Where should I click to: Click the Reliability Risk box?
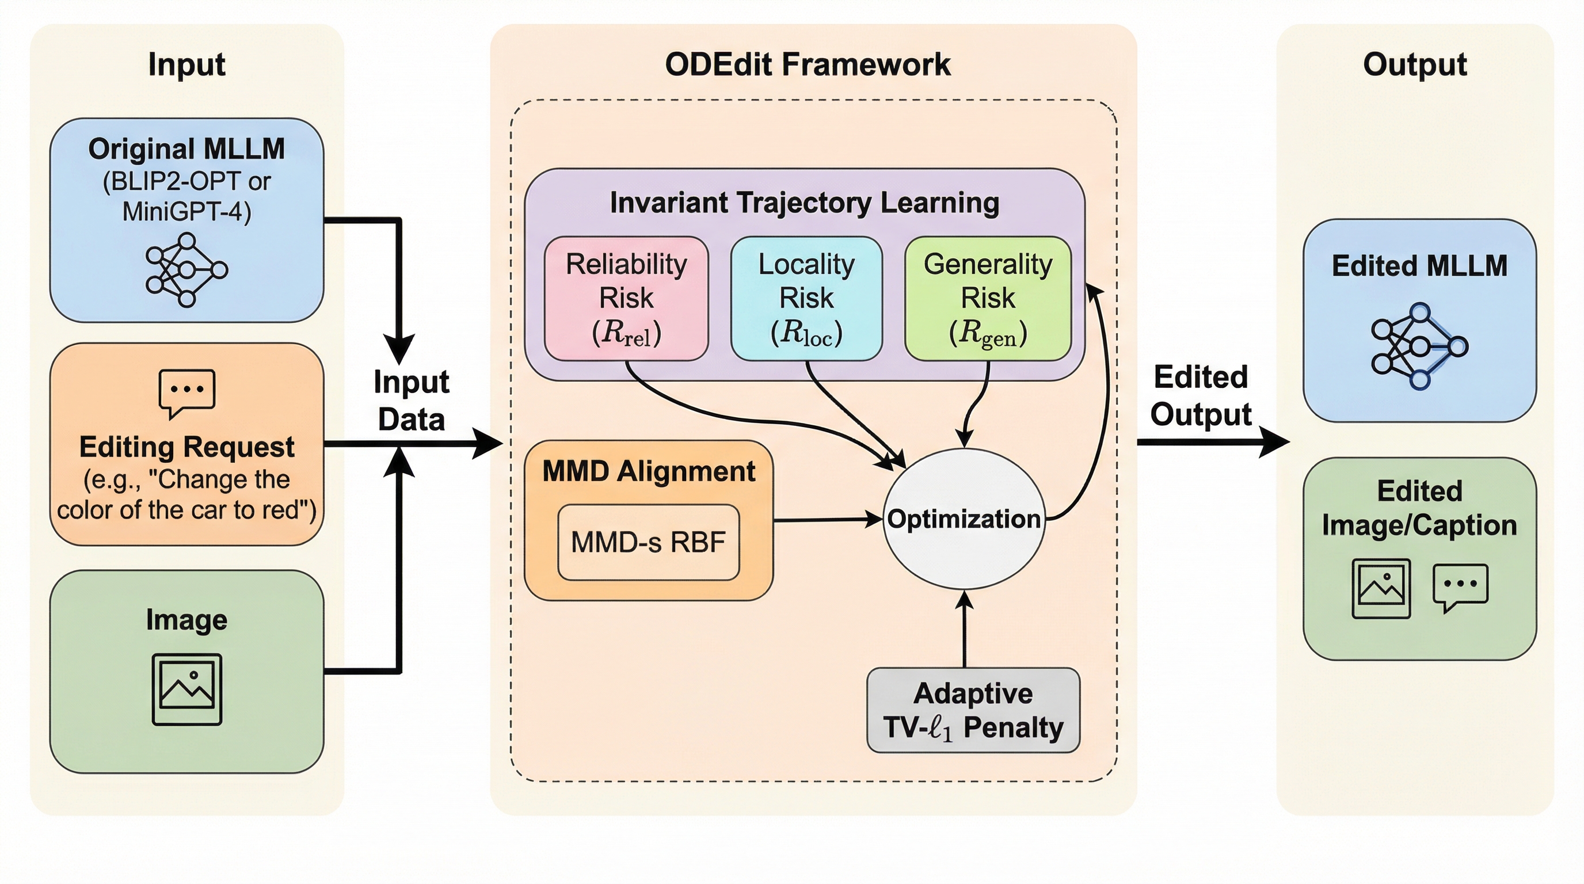point(626,298)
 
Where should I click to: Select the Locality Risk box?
point(806,298)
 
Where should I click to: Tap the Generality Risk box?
point(988,298)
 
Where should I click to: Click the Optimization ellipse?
point(964,519)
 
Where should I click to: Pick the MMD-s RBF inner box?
point(648,542)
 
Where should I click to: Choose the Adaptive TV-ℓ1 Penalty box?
point(973,710)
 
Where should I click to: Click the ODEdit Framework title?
point(808,64)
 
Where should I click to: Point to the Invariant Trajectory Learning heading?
point(804,202)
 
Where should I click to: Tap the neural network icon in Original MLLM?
point(186,269)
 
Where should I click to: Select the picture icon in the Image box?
point(186,689)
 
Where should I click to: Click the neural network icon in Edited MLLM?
point(1419,346)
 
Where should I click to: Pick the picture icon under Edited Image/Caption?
point(1381,588)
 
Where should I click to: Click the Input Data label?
point(412,400)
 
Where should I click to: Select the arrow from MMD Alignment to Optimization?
point(827,520)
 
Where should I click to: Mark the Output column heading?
point(1414,64)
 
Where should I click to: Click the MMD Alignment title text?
point(648,471)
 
